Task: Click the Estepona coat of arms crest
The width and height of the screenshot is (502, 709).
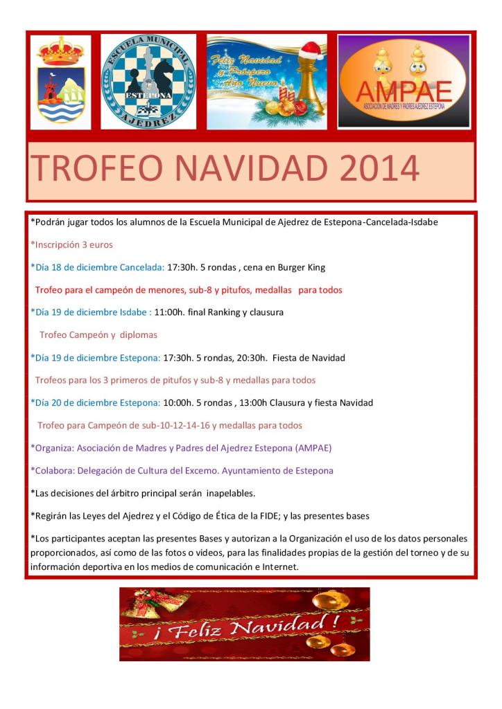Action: (x=60, y=82)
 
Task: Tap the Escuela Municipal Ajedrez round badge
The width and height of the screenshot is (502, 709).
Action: (x=149, y=82)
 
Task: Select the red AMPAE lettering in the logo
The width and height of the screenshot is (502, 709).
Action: (x=404, y=91)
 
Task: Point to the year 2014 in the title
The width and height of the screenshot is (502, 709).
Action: (x=381, y=168)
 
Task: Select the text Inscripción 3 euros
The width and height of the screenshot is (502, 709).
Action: (x=71, y=244)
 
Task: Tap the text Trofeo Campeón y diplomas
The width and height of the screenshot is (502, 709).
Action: (x=98, y=335)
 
